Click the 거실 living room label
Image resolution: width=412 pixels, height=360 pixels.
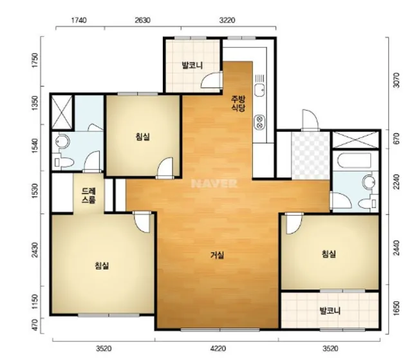click(218, 255)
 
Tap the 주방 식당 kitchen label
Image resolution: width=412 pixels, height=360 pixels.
click(238, 104)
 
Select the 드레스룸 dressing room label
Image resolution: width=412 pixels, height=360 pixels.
click(89, 195)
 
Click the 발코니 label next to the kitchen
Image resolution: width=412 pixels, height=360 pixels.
click(192, 65)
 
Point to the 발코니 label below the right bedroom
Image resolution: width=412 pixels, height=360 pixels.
click(330, 311)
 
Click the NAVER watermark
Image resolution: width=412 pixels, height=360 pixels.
click(214, 184)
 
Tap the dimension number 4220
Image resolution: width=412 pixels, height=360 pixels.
click(218, 348)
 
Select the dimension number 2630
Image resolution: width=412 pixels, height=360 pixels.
click(143, 20)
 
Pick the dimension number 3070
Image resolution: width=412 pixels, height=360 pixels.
click(396, 80)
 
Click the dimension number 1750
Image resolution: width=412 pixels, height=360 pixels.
click(35, 60)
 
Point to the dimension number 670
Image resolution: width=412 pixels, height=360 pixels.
click(396, 138)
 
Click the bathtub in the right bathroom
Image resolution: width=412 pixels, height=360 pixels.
click(354, 160)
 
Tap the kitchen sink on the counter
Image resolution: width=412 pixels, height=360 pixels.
click(259, 90)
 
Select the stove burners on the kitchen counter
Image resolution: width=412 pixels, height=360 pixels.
click(259, 122)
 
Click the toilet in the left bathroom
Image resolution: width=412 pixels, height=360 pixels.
click(63, 162)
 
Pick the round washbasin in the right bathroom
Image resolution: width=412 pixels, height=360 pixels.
click(370, 182)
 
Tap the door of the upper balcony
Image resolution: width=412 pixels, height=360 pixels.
click(212, 80)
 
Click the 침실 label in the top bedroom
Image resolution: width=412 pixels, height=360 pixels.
click(143, 137)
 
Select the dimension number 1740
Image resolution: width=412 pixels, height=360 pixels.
click(79, 20)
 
